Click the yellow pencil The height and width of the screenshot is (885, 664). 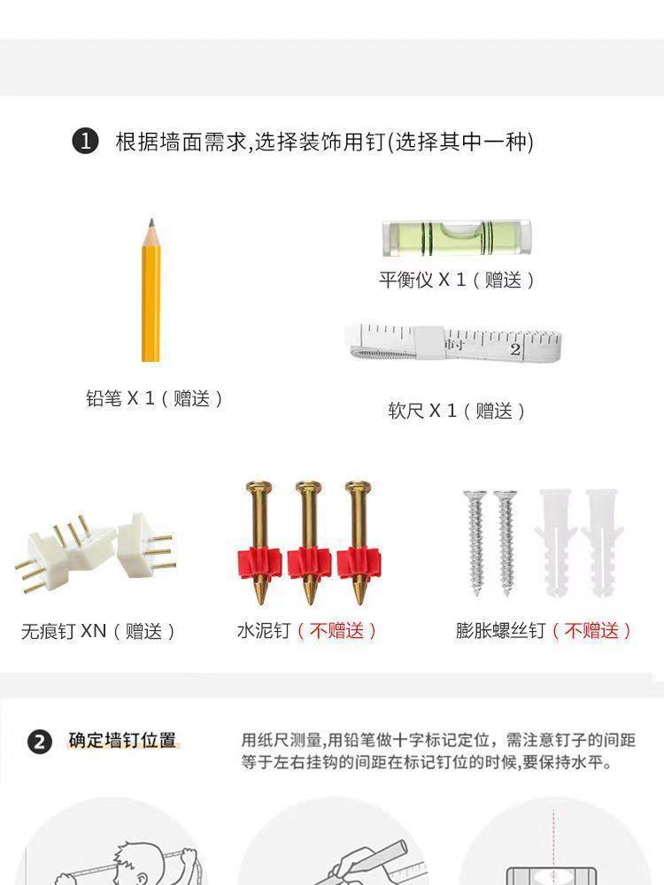[x=151, y=290]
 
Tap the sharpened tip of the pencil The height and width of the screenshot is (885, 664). [x=151, y=219]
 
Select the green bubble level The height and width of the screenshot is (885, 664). [x=456, y=237]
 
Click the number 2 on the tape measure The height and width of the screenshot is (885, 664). [x=515, y=349]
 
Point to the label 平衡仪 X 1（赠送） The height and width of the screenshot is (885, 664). [x=456, y=280]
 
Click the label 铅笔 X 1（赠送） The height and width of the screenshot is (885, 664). [x=155, y=398]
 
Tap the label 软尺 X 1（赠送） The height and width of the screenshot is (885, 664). [x=456, y=411]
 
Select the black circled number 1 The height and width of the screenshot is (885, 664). [x=85, y=141]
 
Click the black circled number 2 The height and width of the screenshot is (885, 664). [x=40, y=742]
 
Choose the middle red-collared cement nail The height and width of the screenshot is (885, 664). [x=309, y=542]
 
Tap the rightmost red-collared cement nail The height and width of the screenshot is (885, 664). [x=359, y=542]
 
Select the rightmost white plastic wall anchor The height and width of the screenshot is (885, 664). [x=602, y=543]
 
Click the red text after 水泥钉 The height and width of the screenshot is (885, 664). [x=337, y=630]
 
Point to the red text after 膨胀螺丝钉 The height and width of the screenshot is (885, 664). [x=591, y=630]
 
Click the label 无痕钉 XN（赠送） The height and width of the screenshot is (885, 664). [x=98, y=630]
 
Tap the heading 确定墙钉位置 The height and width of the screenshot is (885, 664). [x=122, y=740]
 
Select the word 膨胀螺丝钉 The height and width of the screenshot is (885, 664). [x=501, y=630]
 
